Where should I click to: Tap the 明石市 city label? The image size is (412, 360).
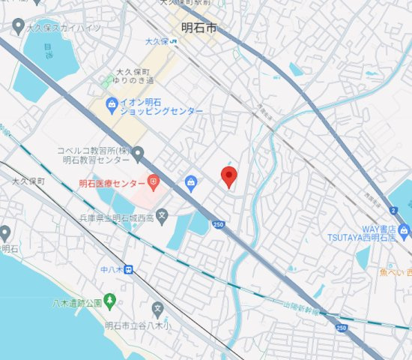pyautogui.click(x=199, y=28)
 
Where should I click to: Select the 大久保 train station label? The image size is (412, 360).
pyautogui.click(x=157, y=42)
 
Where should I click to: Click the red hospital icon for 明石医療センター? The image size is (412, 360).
pyautogui.click(x=153, y=181)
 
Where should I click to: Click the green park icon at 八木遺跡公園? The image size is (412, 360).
pyautogui.click(x=109, y=300)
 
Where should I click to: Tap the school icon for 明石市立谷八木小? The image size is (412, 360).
pyautogui.click(x=157, y=308)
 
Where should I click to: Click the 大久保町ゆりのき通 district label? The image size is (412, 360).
pyautogui.click(x=135, y=76)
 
